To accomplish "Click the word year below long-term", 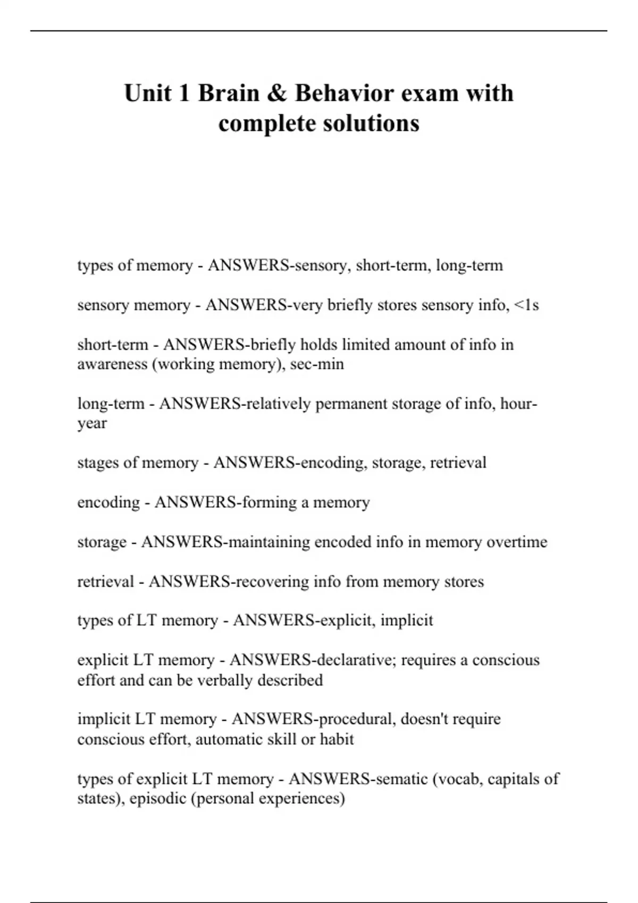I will pos(92,424).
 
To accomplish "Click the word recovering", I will pos(272,582).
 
